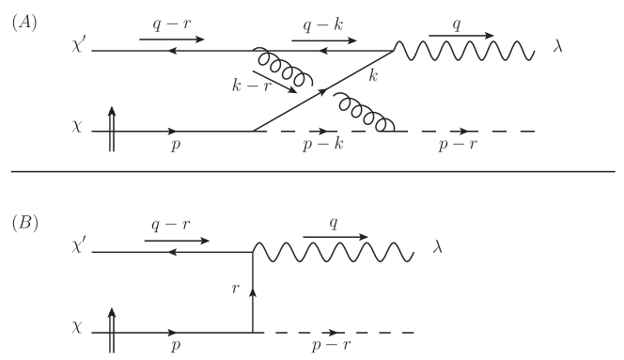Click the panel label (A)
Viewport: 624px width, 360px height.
[24, 23]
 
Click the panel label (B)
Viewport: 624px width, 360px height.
[24, 223]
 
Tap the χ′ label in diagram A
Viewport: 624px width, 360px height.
[78, 46]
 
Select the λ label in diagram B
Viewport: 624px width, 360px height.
[437, 247]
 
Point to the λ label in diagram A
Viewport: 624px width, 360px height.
[557, 47]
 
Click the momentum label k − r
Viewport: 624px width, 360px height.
[251, 86]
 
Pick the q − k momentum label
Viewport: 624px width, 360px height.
[322, 25]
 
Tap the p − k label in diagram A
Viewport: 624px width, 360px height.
[322, 144]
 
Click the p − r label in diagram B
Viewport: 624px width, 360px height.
[332, 345]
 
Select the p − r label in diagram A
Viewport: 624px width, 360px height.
[458, 144]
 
